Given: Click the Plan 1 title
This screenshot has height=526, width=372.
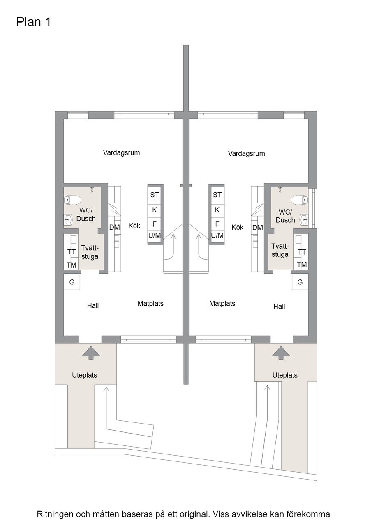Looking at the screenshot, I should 34,22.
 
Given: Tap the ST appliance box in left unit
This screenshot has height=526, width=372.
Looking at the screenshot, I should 155,195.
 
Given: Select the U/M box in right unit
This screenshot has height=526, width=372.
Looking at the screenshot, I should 217,235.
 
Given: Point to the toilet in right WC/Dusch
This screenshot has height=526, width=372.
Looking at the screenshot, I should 298,200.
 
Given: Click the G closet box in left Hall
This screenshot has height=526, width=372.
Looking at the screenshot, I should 72,282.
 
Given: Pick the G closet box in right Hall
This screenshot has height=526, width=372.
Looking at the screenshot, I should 300,282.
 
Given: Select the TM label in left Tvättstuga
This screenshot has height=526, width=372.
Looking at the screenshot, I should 72,265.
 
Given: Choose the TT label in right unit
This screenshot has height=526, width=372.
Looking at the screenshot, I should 302,252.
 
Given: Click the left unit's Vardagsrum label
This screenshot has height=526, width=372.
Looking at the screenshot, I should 121,153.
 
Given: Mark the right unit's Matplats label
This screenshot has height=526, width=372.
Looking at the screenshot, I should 222,304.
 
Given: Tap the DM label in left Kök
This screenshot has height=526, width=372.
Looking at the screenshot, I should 114,227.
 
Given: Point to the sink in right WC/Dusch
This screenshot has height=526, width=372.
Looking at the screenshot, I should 304,219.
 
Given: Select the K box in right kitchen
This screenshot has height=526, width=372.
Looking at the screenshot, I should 217,210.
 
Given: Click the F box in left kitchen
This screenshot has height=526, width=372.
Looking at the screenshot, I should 155,224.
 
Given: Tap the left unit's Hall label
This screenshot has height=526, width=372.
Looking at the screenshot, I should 93,306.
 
